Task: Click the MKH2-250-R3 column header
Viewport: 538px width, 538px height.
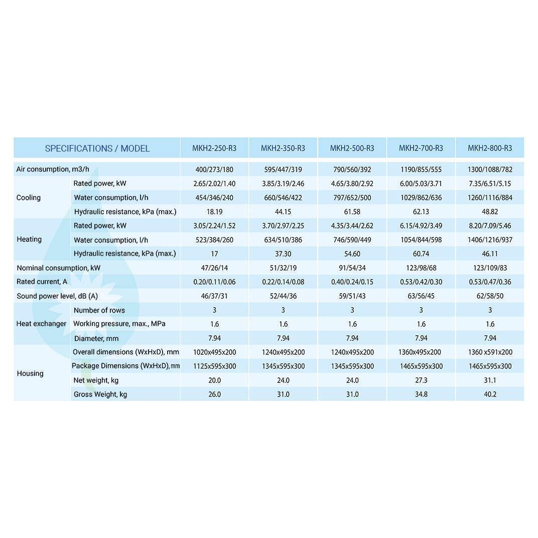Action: pos(214,148)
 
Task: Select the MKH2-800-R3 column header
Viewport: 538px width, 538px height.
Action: pos(490,148)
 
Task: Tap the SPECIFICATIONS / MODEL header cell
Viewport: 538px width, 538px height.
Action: pos(97,148)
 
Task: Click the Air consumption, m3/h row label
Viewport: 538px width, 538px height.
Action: pos(53,170)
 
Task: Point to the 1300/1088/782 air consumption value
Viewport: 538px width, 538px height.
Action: pos(490,170)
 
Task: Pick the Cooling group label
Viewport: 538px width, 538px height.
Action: pos(29,198)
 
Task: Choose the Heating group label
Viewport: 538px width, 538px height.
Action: pos(29,239)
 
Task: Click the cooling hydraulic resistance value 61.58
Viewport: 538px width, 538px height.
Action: pos(352,212)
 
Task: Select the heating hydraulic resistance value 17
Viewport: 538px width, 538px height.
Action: pos(214,254)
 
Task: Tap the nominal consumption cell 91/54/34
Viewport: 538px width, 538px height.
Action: pos(352,268)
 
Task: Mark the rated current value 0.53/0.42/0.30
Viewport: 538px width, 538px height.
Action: pos(421,282)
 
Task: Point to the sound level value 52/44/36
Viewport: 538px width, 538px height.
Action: pos(283,296)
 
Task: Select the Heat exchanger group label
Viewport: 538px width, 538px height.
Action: pos(41,324)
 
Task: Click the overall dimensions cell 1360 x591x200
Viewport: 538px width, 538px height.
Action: pos(490,352)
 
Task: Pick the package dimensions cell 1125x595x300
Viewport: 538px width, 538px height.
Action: pos(214,366)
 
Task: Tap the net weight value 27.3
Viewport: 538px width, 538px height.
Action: pos(421,380)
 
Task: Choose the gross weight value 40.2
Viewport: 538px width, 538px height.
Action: pos(490,394)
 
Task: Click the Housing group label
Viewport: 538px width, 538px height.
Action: pos(30,373)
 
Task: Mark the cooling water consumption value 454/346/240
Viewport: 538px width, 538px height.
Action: pos(214,198)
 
